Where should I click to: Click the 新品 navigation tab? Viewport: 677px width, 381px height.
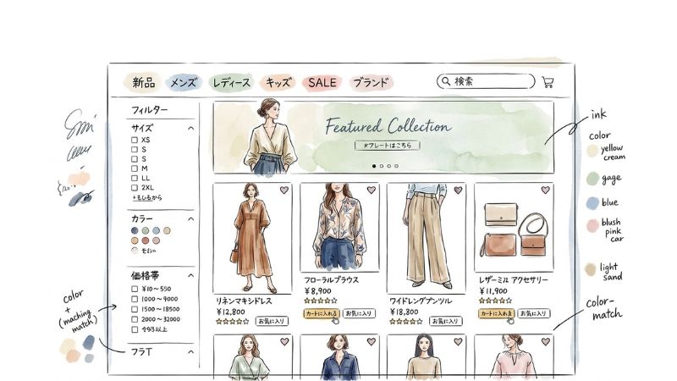pos(143,82)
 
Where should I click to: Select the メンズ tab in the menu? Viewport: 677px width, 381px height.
pos(184,82)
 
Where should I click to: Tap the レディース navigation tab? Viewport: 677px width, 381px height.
pos(231,82)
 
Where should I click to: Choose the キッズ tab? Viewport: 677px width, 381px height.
pos(278,82)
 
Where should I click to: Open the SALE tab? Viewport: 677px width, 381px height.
pos(322,82)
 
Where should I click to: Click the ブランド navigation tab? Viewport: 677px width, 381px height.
pos(371,82)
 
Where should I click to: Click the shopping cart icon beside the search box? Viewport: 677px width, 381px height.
pos(548,82)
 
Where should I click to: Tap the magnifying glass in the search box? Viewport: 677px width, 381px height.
pos(445,82)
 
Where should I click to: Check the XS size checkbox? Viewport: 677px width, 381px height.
pos(134,140)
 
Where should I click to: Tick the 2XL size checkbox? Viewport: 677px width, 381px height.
pos(134,187)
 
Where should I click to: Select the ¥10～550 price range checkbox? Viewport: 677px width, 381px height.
pos(134,289)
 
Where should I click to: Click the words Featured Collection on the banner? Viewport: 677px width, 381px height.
pos(388,127)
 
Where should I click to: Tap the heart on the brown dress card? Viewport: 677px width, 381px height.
pos(284,190)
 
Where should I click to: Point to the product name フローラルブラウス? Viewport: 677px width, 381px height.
pos(332,279)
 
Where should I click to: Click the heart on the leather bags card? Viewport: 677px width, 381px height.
pos(545,190)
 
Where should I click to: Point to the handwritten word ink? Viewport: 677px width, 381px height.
pos(598,114)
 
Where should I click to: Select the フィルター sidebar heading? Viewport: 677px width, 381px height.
pos(150,110)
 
